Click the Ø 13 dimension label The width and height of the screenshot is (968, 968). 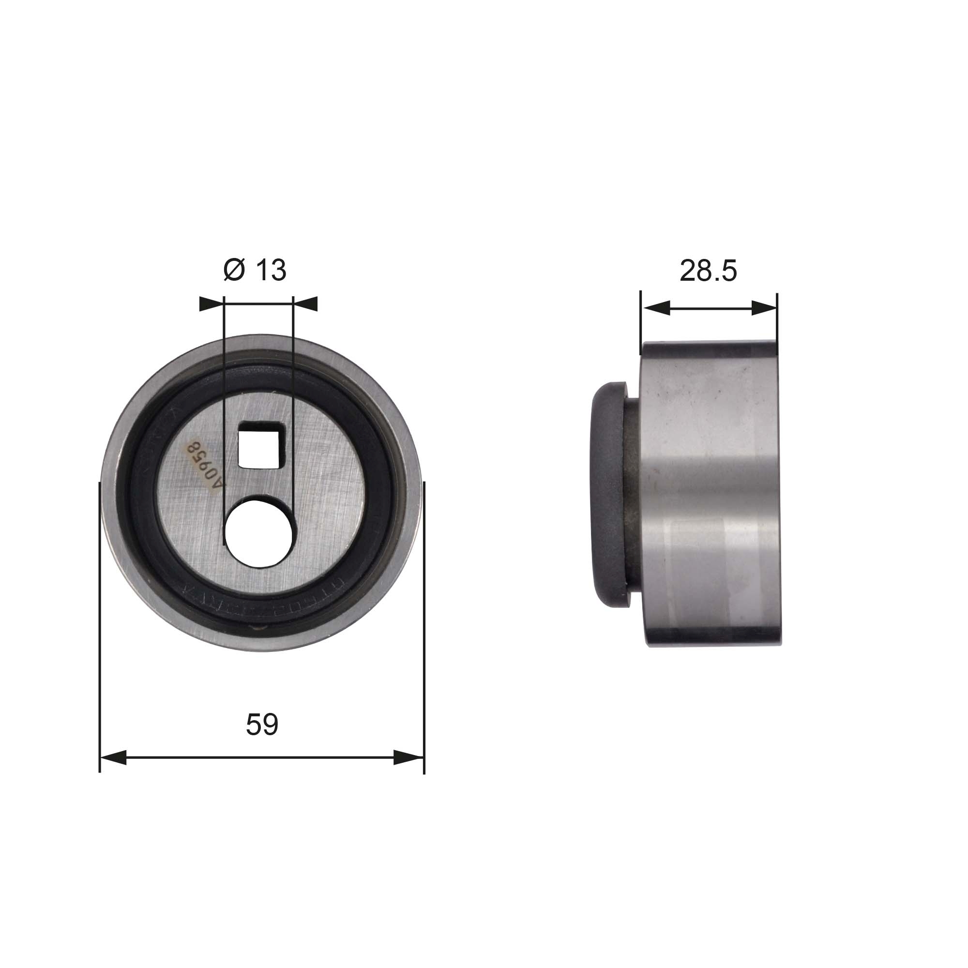coord(255,270)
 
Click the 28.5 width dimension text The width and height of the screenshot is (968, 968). coord(708,271)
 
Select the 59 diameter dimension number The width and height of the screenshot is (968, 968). coord(261,724)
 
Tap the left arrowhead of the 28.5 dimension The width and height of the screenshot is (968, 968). coord(656,308)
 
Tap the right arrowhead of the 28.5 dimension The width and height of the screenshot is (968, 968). coord(764,308)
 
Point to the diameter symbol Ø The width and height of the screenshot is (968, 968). coord(234,270)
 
